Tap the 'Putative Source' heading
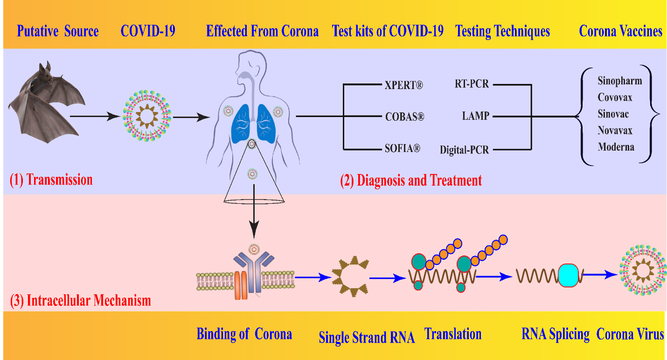[x=58, y=31]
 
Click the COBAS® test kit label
[x=404, y=116]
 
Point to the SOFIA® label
[x=402, y=149]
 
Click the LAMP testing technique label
[x=475, y=116]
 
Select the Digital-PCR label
[x=464, y=150]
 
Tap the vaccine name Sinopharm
[x=619, y=81]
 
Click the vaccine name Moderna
[x=616, y=146]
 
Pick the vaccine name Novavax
[x=616, y=130]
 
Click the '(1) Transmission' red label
[x=51, y=180]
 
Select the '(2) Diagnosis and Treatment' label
[x=410, y=180]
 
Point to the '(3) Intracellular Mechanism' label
[x=81, y=300]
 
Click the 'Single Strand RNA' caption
[x=367, y=338]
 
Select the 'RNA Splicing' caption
[x=556, y=334]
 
